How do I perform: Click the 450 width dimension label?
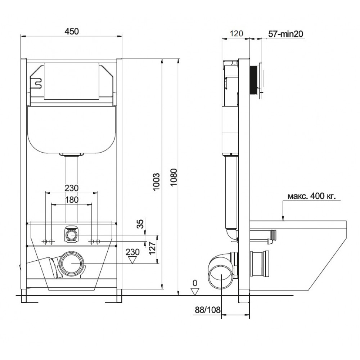71,31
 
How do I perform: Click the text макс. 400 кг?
311,197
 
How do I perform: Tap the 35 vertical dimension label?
141,224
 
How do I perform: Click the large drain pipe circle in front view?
73,264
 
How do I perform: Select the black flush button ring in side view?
255,80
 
